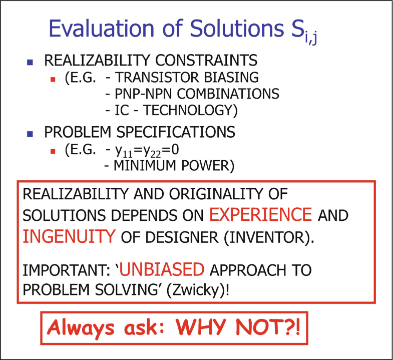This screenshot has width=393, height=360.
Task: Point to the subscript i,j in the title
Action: tap(311, 39)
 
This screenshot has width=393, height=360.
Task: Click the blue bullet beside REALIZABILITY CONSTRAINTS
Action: tap(30, 62)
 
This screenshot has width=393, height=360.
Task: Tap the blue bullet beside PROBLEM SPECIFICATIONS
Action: tap(30, 134)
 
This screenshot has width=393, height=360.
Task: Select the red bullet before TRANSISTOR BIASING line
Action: tap(53, 80)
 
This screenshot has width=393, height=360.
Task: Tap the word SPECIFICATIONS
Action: tap(176, 132)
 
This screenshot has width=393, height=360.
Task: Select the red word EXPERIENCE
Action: tap(261, 215)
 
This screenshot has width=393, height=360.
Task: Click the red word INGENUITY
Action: tap(69, 237)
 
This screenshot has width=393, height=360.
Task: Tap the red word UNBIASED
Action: tap(162, 269)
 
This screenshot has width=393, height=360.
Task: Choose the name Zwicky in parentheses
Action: tap(195, 290)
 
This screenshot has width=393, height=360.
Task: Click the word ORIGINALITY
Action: tap(216, 194)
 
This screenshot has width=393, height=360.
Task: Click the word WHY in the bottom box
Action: tap(202, 327)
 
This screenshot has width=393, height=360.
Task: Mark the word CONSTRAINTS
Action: tap(206, 60)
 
